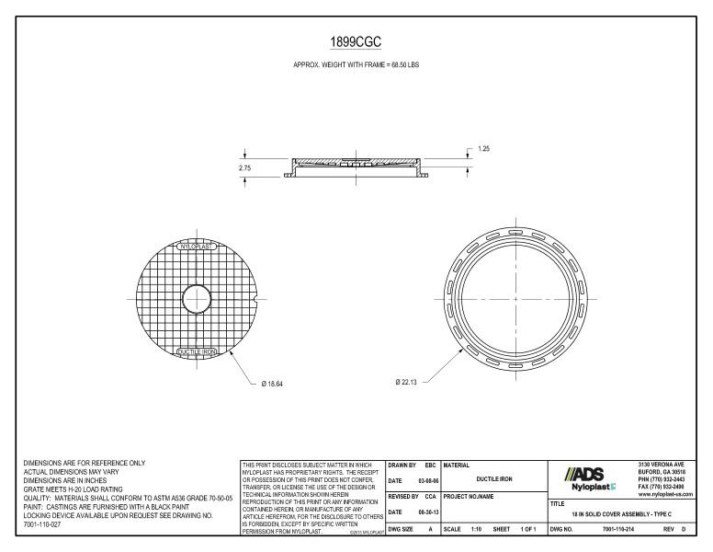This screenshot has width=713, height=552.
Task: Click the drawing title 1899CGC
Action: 356,41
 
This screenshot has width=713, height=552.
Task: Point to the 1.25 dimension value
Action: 483,149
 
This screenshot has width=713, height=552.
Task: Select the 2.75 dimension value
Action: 232,167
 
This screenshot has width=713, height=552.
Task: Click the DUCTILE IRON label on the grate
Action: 195,351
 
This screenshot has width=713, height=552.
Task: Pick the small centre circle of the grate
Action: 195,299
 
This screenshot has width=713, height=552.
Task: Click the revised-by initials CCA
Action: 429,495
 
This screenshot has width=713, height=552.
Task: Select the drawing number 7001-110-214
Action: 622,528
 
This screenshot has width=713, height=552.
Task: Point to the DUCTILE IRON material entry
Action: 492,479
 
